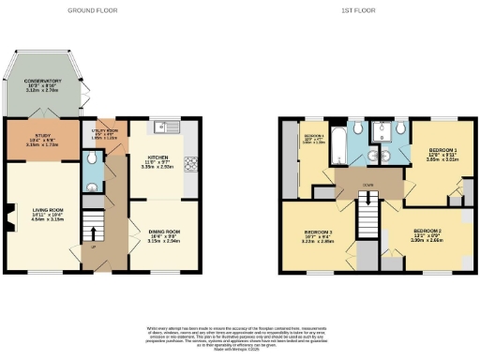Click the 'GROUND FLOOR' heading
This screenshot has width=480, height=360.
92,10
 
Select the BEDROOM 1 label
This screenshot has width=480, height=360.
442,150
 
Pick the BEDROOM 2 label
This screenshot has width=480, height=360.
427,230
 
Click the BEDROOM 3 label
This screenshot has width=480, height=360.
319,231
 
